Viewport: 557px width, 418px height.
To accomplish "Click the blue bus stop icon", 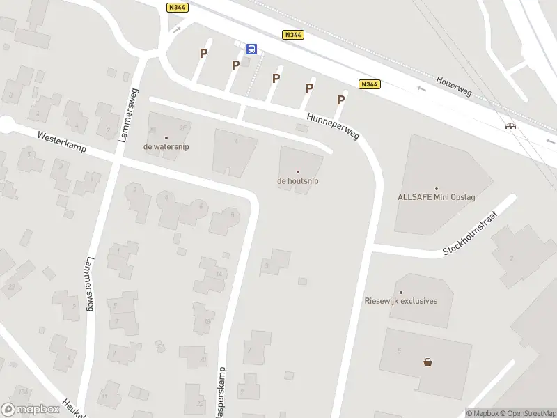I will tap(252, 49).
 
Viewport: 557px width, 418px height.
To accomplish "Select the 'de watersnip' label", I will tap(166, 147).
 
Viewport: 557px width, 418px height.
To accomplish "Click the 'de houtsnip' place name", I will tap(298, 181).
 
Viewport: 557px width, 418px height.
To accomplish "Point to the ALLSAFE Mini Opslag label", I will tap(436, 197).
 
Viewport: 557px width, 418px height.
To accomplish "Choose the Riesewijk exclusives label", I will tap(401, 301).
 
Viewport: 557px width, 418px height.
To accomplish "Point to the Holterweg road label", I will tap(453, 86).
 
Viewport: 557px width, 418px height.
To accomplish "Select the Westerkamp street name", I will tap(62, 143).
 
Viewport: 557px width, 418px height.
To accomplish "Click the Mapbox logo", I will tap(30, 410).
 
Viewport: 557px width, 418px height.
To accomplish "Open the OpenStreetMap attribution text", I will tap(528, 413).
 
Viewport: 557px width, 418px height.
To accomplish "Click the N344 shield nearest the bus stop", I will tap(292, 35).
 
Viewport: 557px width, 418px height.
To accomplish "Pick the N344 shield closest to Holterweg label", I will tap(369, 84).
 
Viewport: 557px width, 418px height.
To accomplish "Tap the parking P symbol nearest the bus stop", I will tap(236, 65).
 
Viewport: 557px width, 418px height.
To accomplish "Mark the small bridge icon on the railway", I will tap(511, 126).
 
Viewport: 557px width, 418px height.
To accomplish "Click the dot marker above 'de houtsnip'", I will tap(298, 171).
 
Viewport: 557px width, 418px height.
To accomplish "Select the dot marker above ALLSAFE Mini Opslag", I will tap(437, 188).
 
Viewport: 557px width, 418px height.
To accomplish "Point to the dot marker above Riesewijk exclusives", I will tap(401, 292).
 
